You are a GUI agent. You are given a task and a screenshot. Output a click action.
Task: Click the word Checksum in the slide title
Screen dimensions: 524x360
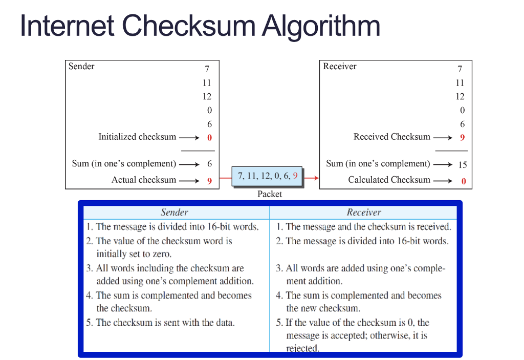(189, 25)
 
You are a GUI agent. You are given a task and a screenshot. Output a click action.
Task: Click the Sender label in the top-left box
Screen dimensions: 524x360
(81, 66)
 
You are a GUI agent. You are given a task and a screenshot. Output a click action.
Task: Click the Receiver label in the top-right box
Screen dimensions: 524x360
(340, 66)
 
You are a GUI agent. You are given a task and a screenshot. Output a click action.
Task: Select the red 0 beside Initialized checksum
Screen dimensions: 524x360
(209, 138)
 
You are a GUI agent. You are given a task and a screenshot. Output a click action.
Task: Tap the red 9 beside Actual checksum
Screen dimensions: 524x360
(209, 181)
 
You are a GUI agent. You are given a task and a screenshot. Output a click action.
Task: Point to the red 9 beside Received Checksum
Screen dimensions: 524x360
(463, 138)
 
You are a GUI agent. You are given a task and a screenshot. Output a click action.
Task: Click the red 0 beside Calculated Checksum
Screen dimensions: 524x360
(464, 181)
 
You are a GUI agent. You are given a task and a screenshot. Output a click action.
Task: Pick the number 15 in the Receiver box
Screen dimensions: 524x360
(463, 164)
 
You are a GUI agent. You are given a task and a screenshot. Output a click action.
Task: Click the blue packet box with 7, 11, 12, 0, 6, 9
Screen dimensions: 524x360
(267, 176)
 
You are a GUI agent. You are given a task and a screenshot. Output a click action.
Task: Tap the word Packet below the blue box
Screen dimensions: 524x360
(270, 194)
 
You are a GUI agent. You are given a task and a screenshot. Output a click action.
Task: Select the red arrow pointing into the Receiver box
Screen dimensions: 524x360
(311, 178)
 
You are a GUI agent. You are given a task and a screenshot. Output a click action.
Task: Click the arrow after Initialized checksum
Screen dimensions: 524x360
(189, 138)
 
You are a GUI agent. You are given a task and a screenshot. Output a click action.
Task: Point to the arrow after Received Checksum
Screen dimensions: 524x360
(443, 138)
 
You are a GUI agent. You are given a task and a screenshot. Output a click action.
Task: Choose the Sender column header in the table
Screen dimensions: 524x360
(174, 213)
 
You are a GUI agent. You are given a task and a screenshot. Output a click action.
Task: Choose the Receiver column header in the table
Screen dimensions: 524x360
(364, 213)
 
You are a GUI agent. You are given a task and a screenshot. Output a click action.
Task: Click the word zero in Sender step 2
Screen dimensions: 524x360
(162, 255)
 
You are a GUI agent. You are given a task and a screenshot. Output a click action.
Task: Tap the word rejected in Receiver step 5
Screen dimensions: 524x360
(302, 348)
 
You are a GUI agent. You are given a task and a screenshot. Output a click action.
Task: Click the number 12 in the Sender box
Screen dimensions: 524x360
(207, 97)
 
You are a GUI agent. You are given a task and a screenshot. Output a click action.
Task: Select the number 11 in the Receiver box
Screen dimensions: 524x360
(460, 83)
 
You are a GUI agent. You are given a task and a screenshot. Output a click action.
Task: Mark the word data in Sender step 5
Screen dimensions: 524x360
(225, 323)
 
